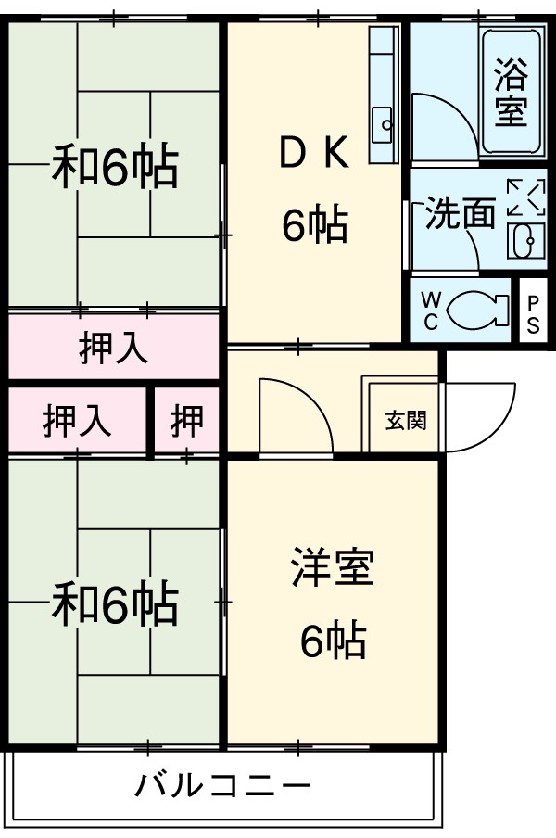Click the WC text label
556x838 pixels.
click(431, 310)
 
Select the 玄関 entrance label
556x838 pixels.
click(405, 420)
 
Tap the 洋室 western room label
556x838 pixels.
click(332, 568)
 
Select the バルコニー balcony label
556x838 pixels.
click(222, 787)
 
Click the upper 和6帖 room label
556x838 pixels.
click(113, 167)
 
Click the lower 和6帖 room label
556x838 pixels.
click(113, 603)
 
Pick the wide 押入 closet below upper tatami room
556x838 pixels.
click(113, 348)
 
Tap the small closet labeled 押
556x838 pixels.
click(186, 421)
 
